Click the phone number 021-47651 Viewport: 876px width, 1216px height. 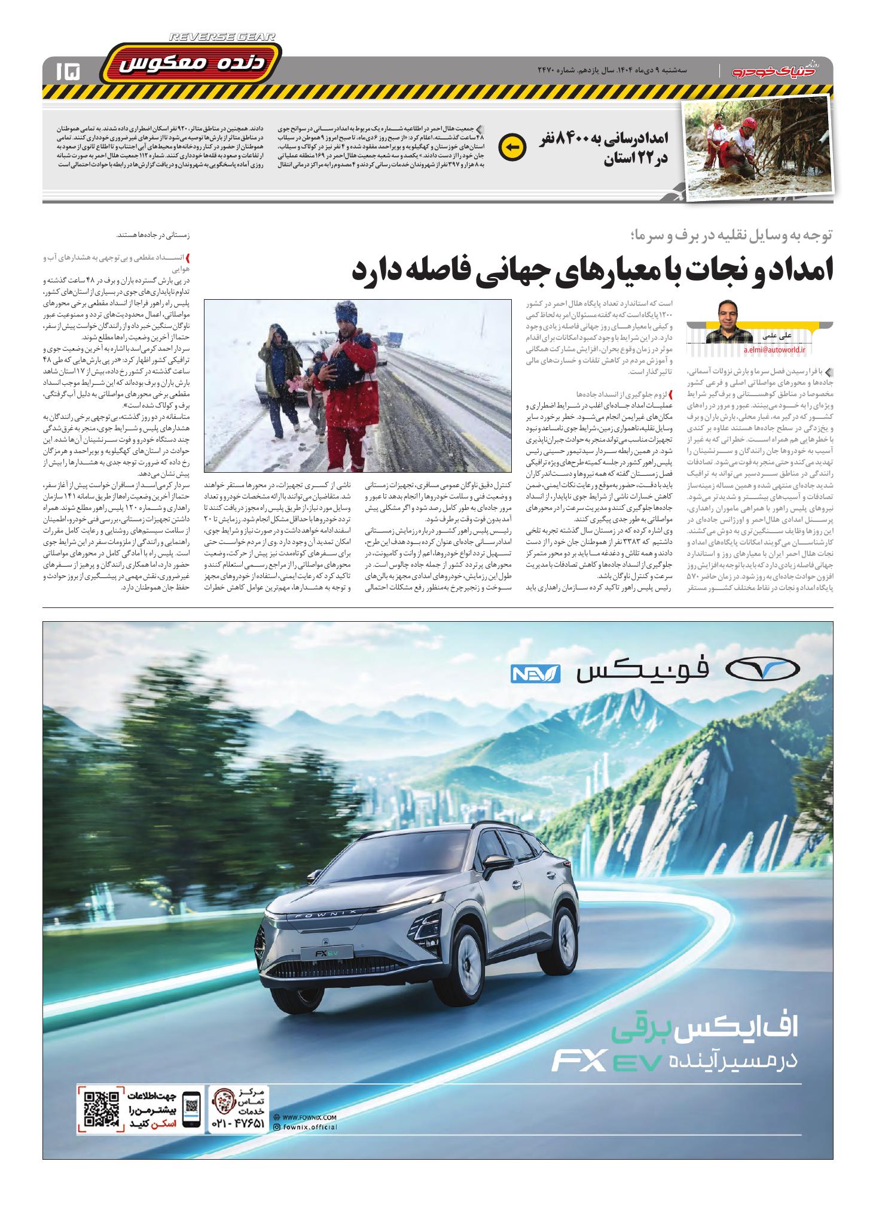(237, 1124)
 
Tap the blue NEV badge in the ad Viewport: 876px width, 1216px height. (535, 674)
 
